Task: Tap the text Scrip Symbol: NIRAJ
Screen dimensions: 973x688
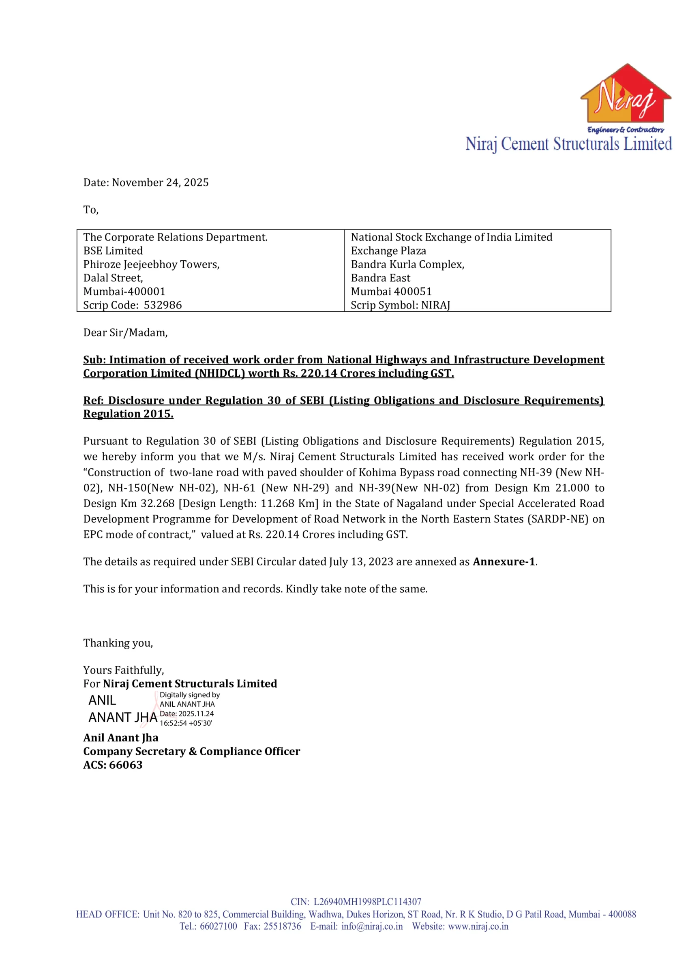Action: (400, 305)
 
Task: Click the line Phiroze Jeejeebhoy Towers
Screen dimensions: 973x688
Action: (151, 264)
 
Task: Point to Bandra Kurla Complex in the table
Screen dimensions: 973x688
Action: (407, 264)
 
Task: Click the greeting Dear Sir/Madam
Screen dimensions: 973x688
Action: (125, 333)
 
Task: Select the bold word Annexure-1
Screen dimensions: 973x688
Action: (504, 562)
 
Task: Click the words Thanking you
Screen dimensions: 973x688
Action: (118, 643)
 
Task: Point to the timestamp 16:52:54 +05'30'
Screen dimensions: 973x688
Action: (186, 723)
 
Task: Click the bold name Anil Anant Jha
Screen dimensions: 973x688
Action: (121, 738)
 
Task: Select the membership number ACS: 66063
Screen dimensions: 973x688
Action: (113, 765)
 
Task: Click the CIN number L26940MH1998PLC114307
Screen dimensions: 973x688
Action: (367, 902)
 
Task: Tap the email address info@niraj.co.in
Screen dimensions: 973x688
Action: (372, 926)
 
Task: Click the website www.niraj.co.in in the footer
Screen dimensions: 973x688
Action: (478, 926)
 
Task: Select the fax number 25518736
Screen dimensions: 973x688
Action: (282, 926)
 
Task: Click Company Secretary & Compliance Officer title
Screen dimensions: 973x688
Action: (192, 751)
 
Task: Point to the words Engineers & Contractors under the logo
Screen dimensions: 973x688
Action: (625, 130)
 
